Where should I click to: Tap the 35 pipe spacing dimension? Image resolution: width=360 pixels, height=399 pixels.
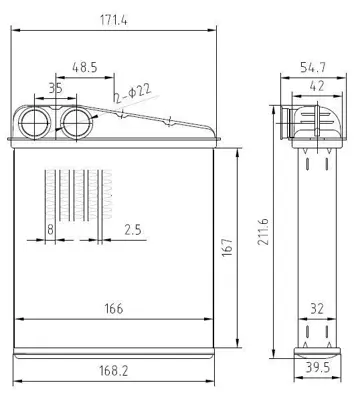(54, 88)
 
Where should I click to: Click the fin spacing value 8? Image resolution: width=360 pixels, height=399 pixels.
(50, 230)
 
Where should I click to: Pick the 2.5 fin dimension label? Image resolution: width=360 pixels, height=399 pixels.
(131, 230)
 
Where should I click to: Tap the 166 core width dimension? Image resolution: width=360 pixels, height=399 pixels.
(113, 308)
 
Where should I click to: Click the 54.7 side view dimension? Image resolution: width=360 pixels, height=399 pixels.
(315, 67)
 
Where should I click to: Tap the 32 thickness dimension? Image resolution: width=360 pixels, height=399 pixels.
(316, 308)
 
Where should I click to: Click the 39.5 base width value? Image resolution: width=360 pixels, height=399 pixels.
(317, 368)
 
